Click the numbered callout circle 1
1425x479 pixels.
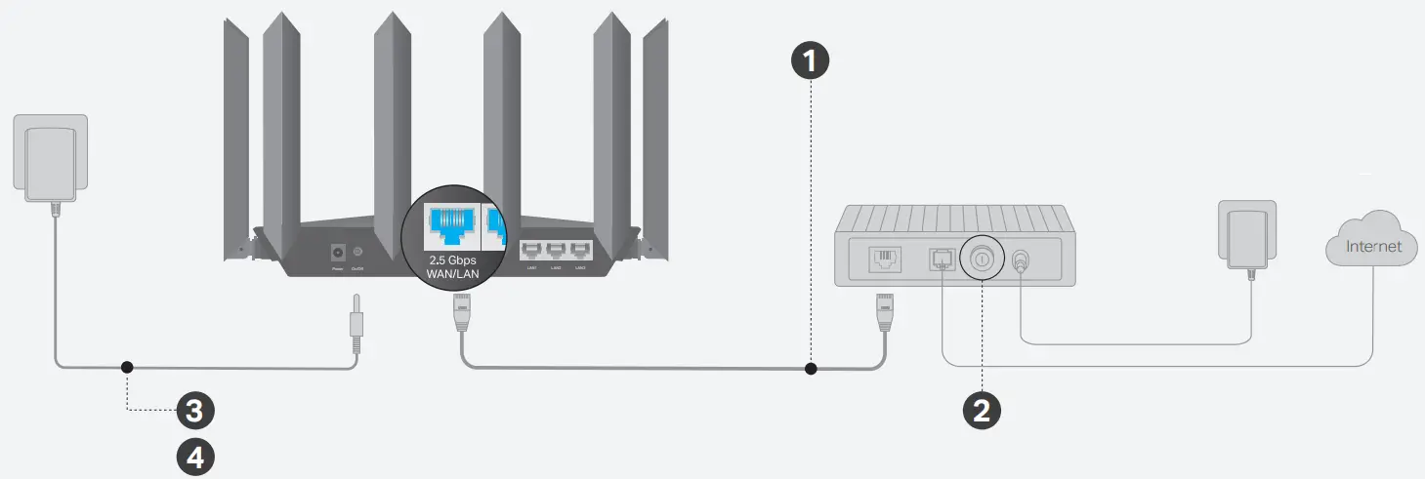click(810, 61)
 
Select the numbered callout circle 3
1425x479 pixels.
click(194, 411)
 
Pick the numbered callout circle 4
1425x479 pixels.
click(194, 457)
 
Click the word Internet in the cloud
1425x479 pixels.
click(1373, 247)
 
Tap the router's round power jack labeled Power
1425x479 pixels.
click(339, 251)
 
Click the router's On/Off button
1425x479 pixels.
click(358, 251)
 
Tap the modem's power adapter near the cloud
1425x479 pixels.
click(1247, 235)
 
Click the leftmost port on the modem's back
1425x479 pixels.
click(885, 259)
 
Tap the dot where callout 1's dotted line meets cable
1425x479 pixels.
click(810, 368)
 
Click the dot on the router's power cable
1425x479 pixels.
click(126, 368)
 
